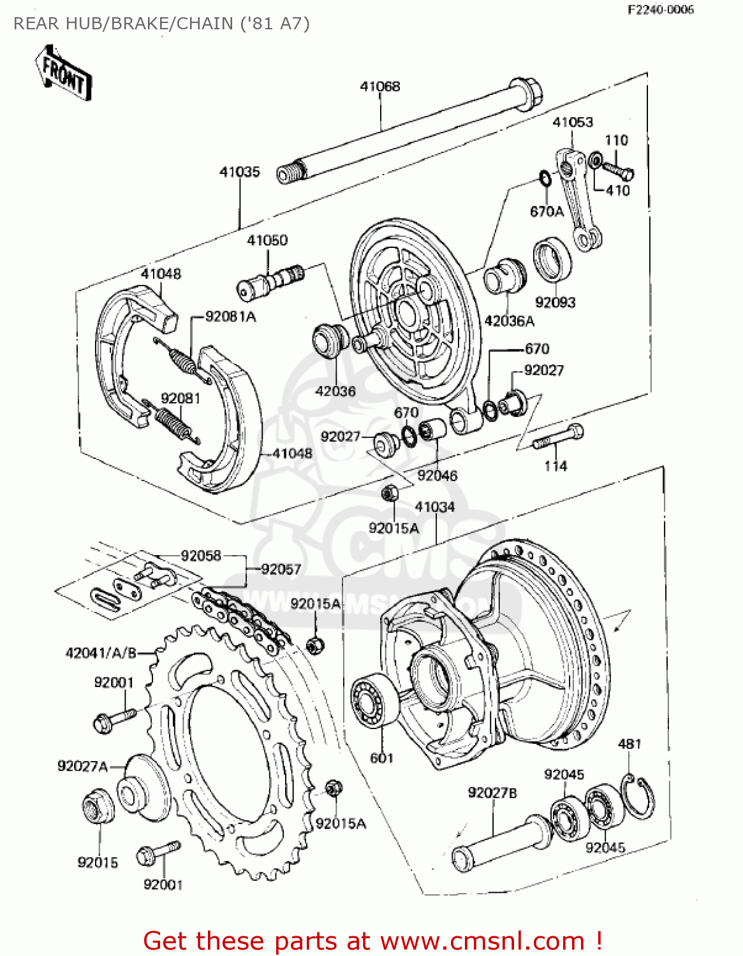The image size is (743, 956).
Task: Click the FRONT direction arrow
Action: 63,73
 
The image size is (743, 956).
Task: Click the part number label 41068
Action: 380,86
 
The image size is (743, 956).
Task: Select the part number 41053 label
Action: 572,122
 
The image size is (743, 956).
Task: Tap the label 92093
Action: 555,302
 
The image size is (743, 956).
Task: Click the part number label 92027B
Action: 492,793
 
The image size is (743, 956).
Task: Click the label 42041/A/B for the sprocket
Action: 101,653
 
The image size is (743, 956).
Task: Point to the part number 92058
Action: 201,556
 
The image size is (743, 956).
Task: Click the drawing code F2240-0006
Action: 660,10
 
